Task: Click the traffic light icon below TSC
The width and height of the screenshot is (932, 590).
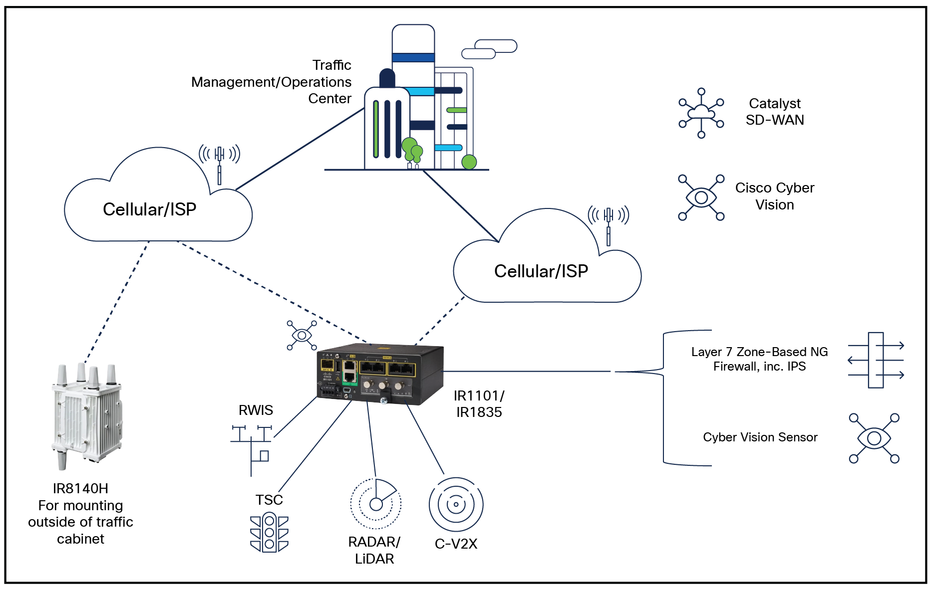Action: click(x=269, y=533)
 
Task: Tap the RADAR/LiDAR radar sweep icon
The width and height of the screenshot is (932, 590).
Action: click(x=375, y=504)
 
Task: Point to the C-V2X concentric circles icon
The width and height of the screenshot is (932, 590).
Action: click(x=456, y=504)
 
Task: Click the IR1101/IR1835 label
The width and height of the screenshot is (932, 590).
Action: click(x=479, y=404)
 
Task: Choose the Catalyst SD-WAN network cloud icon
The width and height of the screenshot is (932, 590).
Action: click(x=701, y=113)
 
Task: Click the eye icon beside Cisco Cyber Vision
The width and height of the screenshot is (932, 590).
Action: click(x=701, y=197)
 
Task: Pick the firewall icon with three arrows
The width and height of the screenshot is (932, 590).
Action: click(x=876, y=360)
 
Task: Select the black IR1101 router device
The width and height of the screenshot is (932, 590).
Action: click(x=380, y=374)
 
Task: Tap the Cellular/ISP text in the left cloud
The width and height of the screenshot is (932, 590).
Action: click(x=149, y=209)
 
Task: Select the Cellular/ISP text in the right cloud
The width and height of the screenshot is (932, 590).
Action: click(x=541, y=271)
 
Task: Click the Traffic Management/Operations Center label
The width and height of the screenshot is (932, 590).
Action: click(x=272, y=82)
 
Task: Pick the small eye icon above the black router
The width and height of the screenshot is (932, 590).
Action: click(x=302, y=335)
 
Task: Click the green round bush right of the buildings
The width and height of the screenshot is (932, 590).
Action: click(x=469, y=162)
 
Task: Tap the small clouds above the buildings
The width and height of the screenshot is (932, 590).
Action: click(x=489, y=49)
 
